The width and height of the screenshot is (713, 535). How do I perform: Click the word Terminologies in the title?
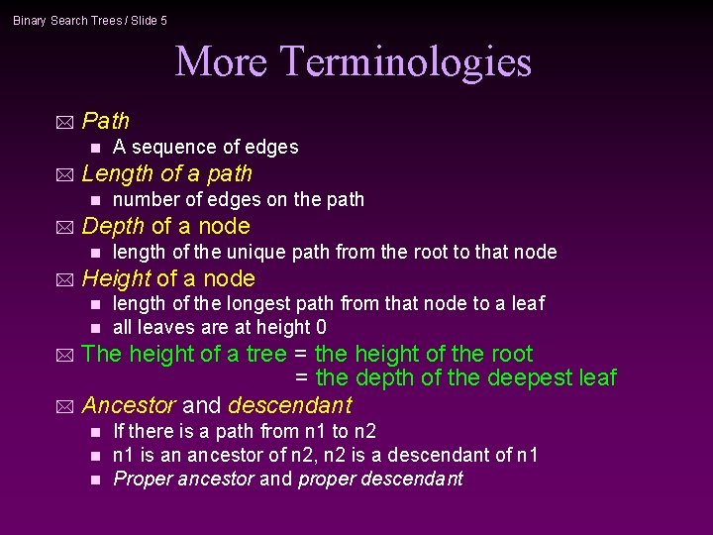point(406,61)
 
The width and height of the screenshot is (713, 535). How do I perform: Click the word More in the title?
point(221,61)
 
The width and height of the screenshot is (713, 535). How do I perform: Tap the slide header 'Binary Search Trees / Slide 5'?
point(90,20)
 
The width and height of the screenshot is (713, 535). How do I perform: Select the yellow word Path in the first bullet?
point(106,121)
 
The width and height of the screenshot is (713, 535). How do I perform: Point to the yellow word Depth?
point(113,226)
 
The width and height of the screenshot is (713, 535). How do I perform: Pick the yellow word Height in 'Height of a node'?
point(116,278)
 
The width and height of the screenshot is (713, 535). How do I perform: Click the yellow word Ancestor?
point(128,405)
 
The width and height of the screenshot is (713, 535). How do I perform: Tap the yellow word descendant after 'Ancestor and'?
point(289,405)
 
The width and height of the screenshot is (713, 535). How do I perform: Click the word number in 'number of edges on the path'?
point(145,199)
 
